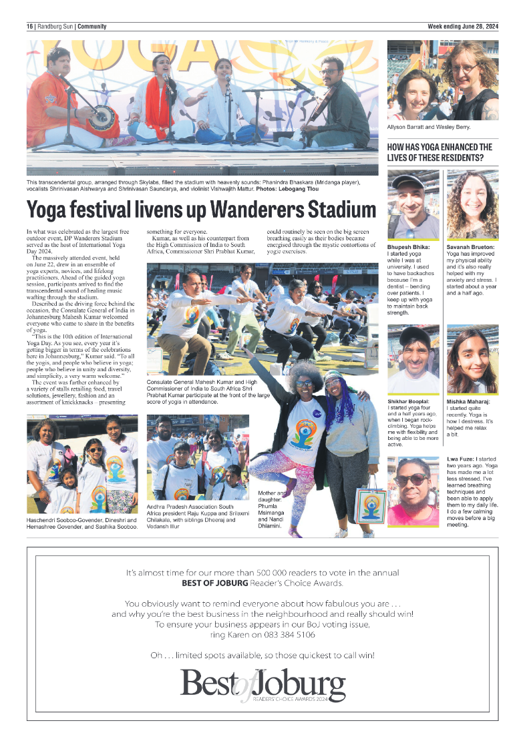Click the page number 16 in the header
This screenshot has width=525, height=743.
(30, 27)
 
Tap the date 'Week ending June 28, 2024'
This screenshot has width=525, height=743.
(463, 27)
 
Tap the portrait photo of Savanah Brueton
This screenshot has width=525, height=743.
(472, 204)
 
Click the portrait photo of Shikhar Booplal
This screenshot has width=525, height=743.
(413, 360)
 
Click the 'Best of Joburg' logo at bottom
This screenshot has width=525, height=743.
(262, 686)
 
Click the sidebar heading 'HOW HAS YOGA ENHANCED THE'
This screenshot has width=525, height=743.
(440, 147)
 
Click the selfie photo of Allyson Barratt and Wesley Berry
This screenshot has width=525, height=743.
(442, 81)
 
